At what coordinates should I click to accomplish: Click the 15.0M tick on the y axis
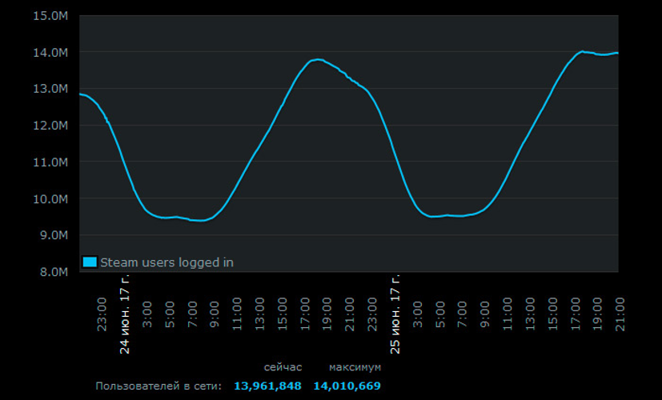point(52,16)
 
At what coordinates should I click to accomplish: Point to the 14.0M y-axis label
point(52,53)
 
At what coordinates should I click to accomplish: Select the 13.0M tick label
point(52,89)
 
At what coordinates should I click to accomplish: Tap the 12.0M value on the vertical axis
point(52,126)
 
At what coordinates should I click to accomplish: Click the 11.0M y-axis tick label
point(52,162)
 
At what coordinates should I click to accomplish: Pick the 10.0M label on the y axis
point(52,198)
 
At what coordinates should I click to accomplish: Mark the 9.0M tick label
point(54,235)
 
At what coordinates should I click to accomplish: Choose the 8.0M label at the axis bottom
point(54,272)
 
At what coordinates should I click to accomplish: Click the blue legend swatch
point(90,262)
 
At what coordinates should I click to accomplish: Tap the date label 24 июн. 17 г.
point(125,315)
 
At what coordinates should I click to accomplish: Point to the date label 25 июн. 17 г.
point(395,315)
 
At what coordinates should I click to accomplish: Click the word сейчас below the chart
point(283,367)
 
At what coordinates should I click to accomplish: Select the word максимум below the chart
point(355,367)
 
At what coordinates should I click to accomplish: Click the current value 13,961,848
point(267,386)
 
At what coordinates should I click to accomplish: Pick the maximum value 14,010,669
point(347,386)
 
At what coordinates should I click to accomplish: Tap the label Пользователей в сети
point(158,386)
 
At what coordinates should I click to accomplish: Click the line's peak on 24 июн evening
point(318,59)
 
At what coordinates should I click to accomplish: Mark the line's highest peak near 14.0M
point(582,51)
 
